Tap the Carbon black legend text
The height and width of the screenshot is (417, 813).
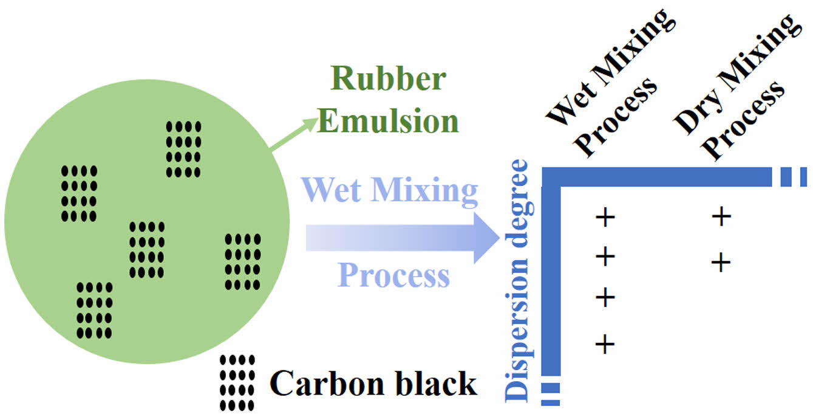click(373, 384)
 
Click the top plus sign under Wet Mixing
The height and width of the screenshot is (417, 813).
click(605, 217)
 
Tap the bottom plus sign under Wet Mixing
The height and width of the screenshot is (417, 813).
click(605, 345)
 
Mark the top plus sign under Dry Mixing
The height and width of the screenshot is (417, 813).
click(720, 217)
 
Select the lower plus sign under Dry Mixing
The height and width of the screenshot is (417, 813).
click(720, 263)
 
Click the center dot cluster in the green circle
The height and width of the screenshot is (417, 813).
click(147, 249)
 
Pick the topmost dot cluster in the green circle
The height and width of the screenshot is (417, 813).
click(183, 150)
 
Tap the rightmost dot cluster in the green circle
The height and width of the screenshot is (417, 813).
click(243, 261)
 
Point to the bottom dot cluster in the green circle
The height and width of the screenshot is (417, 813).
click(94, 310)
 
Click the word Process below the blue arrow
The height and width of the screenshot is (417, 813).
click(394, 275)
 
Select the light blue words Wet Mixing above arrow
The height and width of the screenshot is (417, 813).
click(389, 191)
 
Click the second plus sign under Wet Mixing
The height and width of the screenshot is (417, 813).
click(605, 257)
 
